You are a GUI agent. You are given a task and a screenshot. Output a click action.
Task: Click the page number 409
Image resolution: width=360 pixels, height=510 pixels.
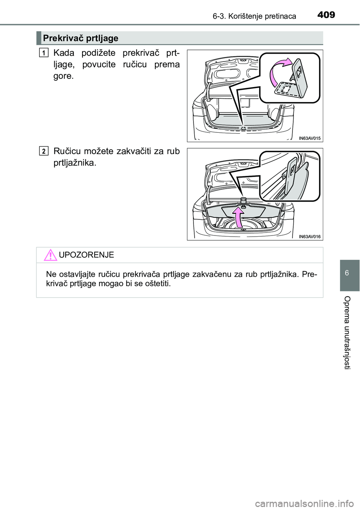click(326, 15)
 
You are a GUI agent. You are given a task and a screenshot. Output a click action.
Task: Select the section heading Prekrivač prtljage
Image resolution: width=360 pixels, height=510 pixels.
click(81, 38)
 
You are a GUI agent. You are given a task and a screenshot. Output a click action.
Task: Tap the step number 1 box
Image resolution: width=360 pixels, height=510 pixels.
click(43, 53)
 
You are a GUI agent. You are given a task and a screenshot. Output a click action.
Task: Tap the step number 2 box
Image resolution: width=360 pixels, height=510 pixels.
click(43, 151)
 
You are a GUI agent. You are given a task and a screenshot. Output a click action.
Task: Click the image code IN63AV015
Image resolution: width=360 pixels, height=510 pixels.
click(310, 138)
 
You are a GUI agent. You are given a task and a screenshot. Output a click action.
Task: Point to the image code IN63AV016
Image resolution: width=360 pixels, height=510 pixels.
click(310, 237)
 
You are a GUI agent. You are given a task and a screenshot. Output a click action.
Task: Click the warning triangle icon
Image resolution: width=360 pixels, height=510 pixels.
click(50, 255)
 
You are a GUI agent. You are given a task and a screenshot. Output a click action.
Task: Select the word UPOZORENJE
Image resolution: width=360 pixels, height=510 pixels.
click(86, 255)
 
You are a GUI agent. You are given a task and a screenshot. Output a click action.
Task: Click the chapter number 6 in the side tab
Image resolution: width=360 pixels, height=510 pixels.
click(346, 273)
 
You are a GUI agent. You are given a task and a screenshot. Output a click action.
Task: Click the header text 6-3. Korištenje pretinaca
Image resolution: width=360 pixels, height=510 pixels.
click(255, 16)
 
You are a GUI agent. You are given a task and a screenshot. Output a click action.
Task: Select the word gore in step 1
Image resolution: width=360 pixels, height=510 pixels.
click(63, 76)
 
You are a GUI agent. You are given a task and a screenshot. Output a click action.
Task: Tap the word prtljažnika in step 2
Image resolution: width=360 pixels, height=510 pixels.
click(75, 163)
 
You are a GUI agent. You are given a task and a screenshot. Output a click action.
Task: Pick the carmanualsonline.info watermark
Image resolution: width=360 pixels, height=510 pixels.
click(307, 503)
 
